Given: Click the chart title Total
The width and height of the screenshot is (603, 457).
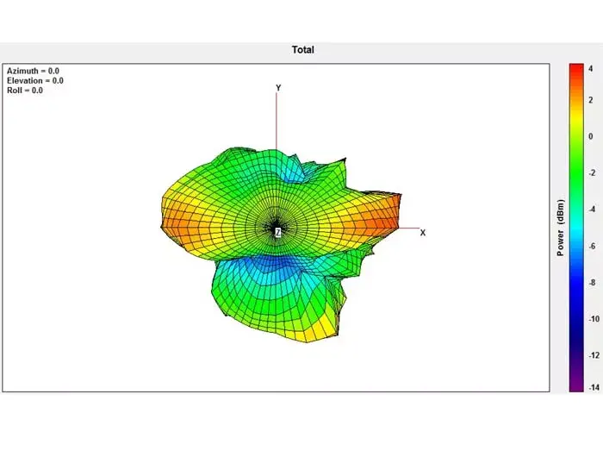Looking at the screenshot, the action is click(x=302, y=50).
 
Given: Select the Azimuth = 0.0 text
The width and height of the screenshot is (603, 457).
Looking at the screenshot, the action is click(x=33, y=71).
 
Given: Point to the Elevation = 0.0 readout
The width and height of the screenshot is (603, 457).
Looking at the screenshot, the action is click(x=35, y=80).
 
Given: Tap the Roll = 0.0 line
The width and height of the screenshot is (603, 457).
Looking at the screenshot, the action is click(x=25, y=91).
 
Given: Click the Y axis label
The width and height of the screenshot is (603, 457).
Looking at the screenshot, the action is click(x=278, y=88).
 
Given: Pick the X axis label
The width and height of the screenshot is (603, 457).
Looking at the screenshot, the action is click(x=423, y=233).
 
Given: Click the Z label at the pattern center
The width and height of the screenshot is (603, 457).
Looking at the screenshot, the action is click(x=277, y=232).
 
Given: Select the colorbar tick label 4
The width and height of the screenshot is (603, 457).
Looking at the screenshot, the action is click(x=591, y=69).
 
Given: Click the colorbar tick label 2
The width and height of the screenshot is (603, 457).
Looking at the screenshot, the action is click(x=591, y=100).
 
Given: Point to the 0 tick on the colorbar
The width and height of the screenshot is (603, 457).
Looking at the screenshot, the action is click(x=591, y=136).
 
